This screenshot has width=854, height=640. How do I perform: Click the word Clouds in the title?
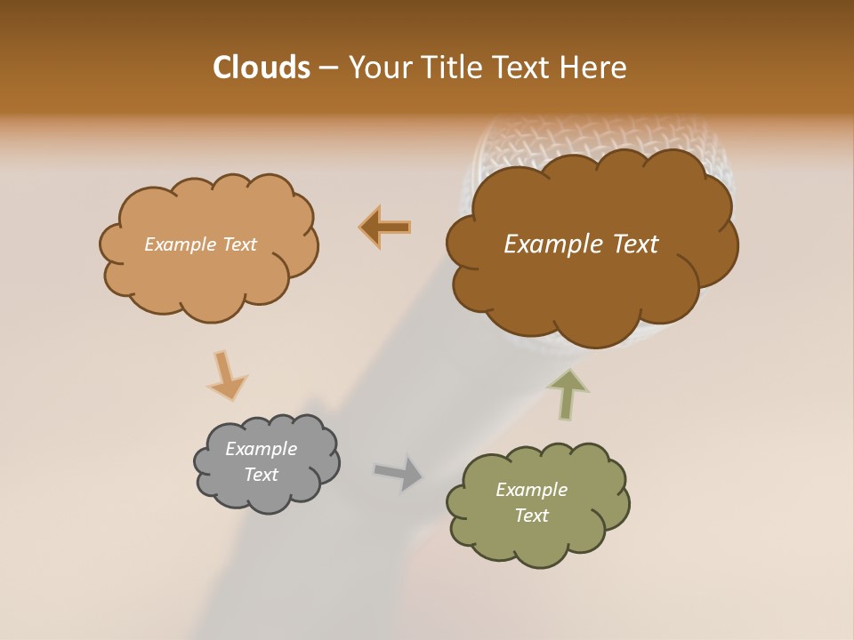coord(261,68)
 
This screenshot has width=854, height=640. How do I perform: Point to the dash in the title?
coord(328,68)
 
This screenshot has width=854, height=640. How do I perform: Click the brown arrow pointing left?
coord(385,228)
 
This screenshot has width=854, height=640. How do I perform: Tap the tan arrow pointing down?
coord(226,374)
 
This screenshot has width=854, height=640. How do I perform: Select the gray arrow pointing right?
coord(399,472)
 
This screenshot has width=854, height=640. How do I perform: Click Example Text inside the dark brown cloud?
coord(581,244)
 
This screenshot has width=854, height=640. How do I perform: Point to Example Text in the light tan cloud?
coord(200,244)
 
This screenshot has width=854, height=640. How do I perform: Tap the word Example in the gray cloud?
coord(261,449)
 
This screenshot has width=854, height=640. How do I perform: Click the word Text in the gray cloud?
coord(261,475)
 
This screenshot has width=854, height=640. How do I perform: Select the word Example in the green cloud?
coord(531,490)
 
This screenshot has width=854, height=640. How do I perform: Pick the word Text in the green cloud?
coord(531,516)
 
